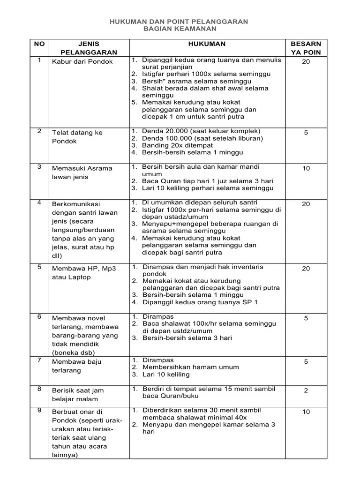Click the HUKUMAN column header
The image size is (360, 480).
coord(210,44)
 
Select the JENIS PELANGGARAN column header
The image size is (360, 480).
coord(89,48)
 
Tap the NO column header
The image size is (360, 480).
coord(39,44)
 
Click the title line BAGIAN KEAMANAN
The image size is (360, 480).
coord(180,29)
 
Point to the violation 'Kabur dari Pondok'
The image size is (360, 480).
coord(82,61)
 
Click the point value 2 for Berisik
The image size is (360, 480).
coord(306,390)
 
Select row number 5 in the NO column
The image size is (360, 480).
coord(39,267)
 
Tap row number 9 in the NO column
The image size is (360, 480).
coord(39,410)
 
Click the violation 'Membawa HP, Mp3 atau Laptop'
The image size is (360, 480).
coord(84,272)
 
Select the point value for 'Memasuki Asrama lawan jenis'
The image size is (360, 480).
coord(306,168)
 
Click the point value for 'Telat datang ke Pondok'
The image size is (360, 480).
coord(306,133)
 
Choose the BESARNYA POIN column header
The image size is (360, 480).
coord(306,48)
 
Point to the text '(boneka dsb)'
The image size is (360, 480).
coord(74,352)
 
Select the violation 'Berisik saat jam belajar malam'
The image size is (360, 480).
coord(78,395)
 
